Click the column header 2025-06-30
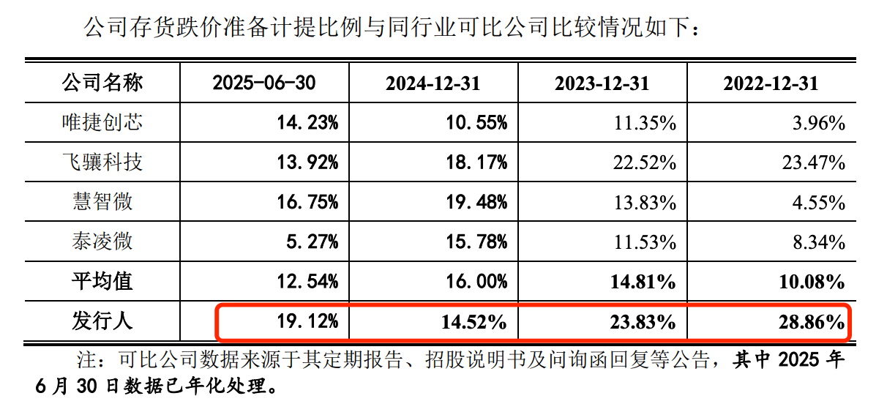263,83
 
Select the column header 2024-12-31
433,83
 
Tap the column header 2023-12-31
602,83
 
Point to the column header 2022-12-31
771,83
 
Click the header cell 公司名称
102,83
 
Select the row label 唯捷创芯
102,122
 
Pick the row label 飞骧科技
102,162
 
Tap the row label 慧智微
102,201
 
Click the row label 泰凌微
102,241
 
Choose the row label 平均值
102,280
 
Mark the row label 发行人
102,321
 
